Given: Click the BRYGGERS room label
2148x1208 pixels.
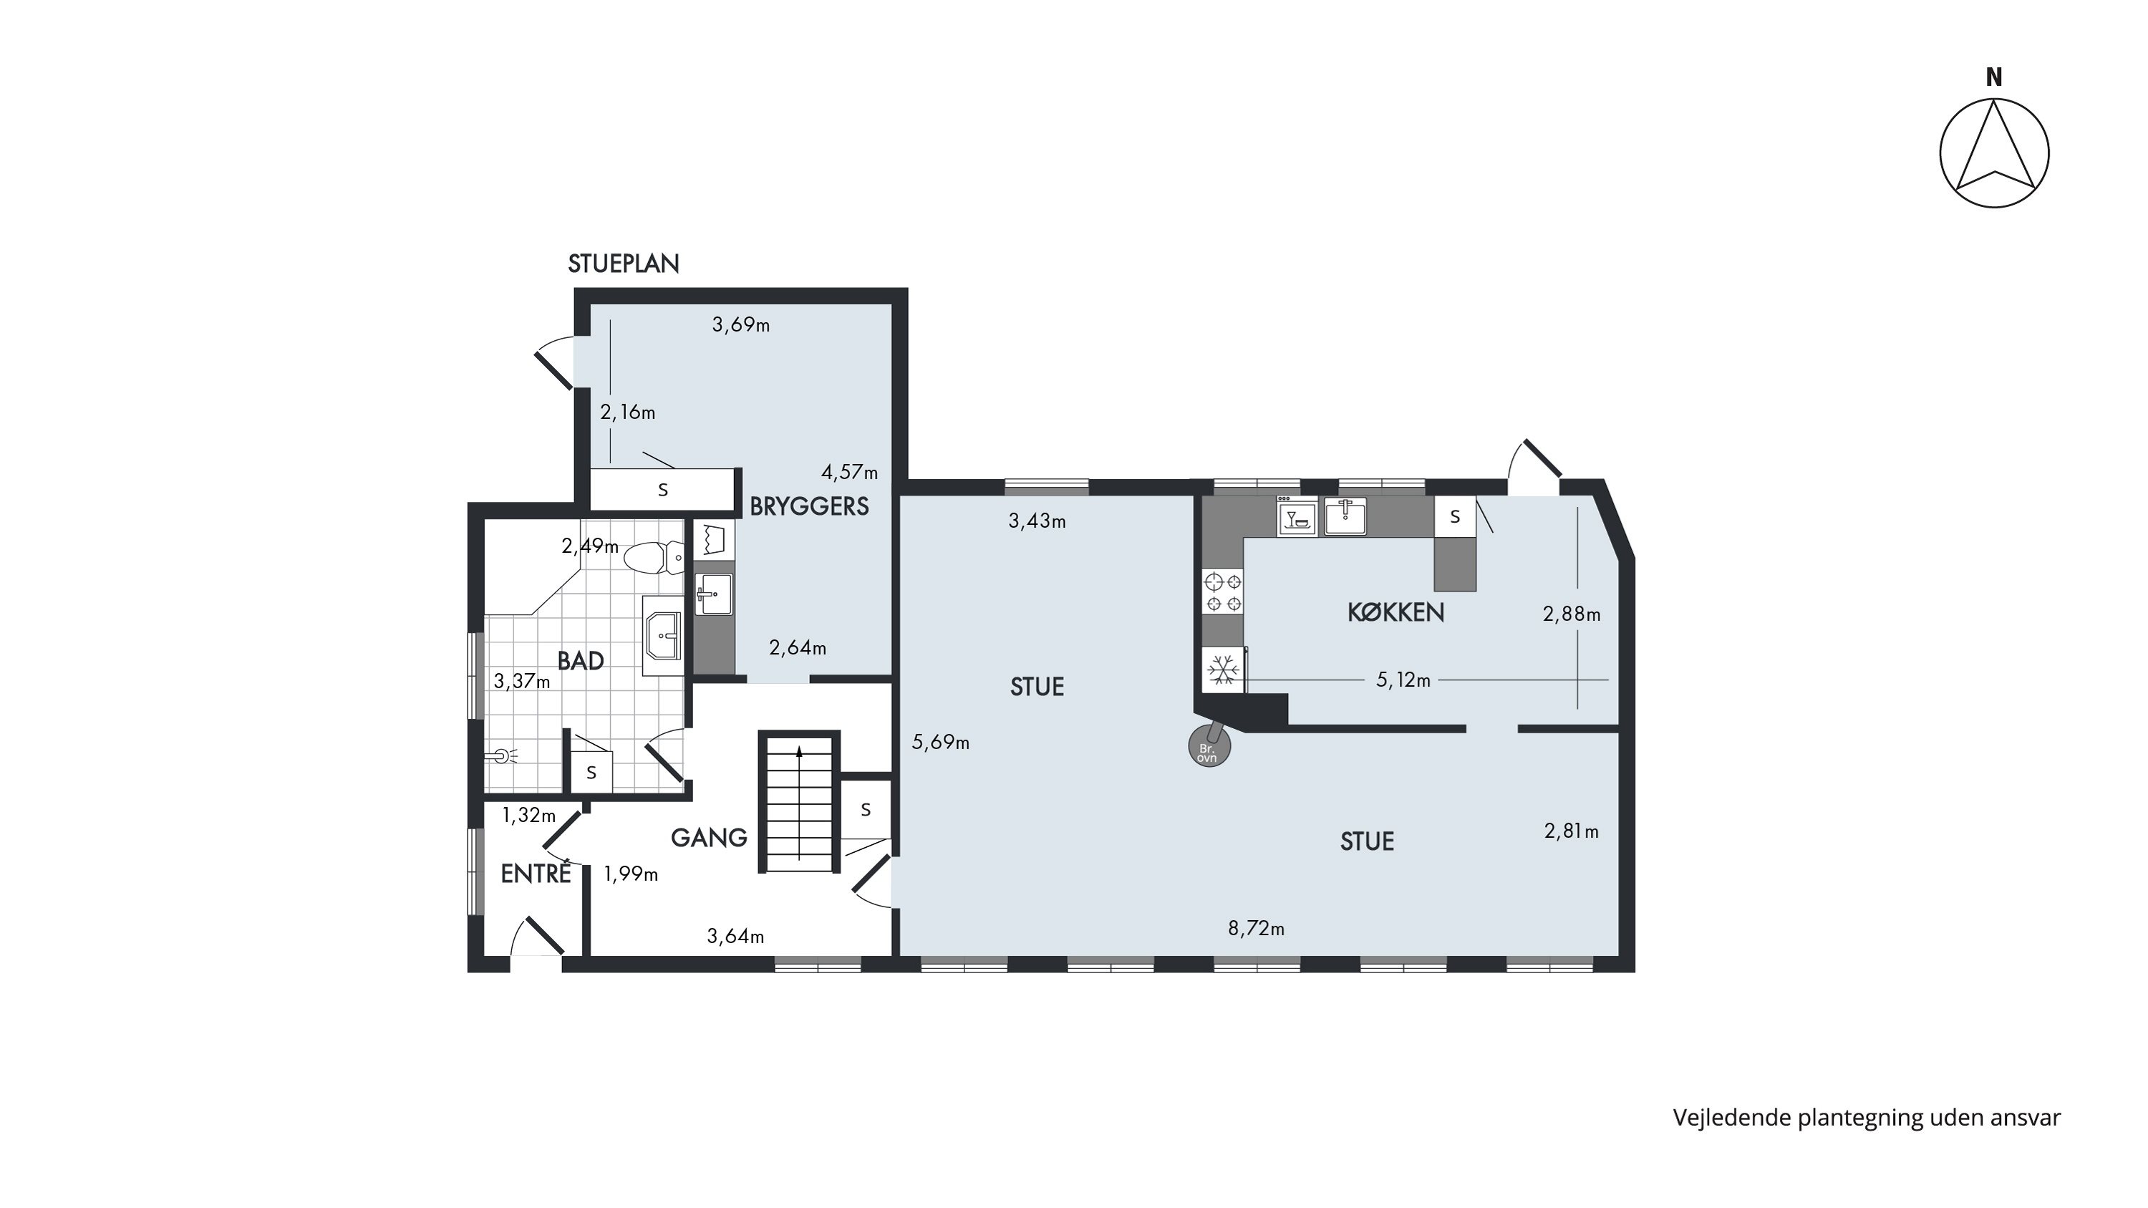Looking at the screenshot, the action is click(x=809, y=507).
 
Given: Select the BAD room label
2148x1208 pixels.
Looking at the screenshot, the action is click(x=581, y=661).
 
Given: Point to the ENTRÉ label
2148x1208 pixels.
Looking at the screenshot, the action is click(x=536, y=873).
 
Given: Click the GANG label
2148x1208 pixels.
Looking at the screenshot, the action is click(x=709, y=838).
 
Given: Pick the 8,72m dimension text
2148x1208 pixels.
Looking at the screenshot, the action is click(x=1256, y=929).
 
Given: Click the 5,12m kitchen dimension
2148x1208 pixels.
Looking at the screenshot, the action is click(x=1403, y=680).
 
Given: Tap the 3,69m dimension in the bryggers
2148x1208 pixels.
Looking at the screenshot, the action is click(x=740, y=325).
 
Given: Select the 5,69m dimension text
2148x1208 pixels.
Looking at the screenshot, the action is click(x=941, y=742).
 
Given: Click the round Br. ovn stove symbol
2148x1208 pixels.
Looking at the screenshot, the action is click(x=1209, y=747).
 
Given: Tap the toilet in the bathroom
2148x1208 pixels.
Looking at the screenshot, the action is click(x=654, y=558).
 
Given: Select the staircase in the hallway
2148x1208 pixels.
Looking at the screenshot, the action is click(x=799, y=802).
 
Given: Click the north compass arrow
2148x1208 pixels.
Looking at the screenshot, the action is click(x=1995, y=153).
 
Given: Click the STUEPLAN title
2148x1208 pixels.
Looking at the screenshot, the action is click(x=624, y=264).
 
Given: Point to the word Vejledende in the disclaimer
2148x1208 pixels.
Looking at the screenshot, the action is click(x=1731, y=1118).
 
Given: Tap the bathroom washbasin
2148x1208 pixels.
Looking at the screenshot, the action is click(x=663, y=635).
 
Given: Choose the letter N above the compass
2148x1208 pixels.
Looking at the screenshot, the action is click(x=1994, y=77).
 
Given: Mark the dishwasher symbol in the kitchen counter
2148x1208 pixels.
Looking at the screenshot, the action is click(x=1297, y=517).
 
